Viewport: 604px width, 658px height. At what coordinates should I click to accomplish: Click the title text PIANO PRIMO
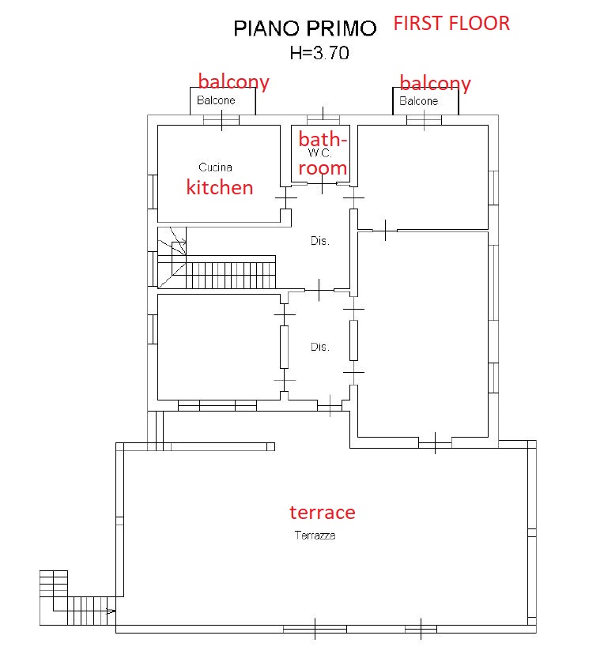coord(305,28)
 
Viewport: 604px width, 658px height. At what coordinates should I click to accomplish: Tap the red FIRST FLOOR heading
coord(451,23)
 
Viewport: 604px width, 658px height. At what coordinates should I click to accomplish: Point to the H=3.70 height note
coord(319,53)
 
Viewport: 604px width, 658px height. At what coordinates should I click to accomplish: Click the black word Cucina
coord(215,167)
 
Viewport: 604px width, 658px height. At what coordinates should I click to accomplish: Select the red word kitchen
coord(220,186)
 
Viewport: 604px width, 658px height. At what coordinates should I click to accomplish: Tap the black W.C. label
coord(319,152)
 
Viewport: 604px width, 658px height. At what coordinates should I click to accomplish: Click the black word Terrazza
coord(315,535)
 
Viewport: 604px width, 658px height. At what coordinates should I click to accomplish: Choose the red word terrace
coord(323,512)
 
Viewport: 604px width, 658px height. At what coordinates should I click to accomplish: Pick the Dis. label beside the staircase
coord(319,241)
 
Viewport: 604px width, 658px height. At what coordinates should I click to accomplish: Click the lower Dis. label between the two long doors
coord(319,347)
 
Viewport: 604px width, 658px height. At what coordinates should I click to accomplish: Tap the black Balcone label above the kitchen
coord(216,100)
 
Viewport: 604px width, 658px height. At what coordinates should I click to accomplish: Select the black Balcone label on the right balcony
coord(418,101)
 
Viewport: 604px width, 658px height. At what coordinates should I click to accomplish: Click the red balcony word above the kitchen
coord(233,82)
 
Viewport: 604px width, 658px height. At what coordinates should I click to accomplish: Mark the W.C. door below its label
coord(323,184)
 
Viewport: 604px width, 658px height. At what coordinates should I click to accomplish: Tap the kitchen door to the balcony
coord(221,120)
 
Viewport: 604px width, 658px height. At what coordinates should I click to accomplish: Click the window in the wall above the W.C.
coord(323,119)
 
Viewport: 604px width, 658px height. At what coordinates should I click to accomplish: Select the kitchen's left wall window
coord(153,192)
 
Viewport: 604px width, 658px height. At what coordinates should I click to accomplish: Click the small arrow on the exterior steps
coord(111,611)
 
